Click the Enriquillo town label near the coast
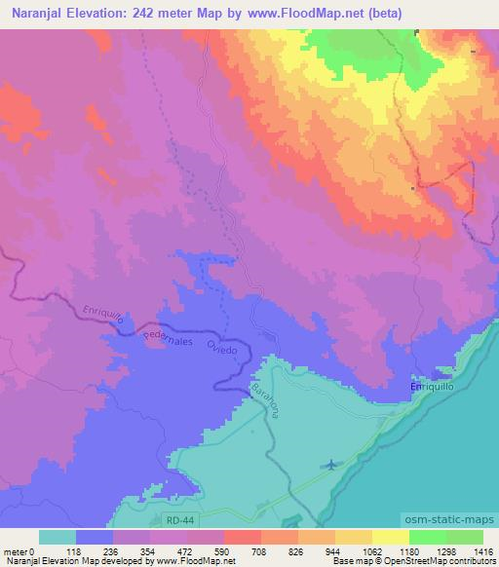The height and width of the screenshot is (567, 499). [430, 388]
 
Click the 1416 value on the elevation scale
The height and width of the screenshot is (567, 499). [482, 550]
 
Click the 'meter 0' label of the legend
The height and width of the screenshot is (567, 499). [19, 550]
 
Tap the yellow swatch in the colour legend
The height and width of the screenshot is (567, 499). [390, 536]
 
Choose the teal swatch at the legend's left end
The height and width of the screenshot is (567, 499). [57, 536]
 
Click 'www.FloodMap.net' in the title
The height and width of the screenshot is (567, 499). [298, 13]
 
